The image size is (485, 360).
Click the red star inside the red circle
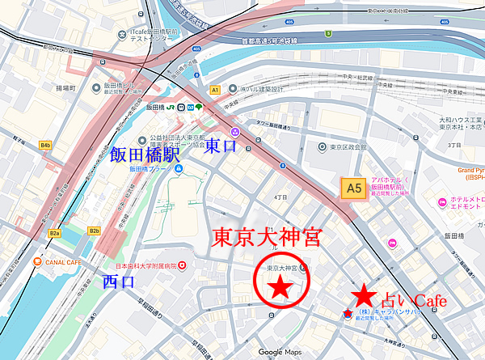click(x=280, y=286)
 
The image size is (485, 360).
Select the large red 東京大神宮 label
click(x=267, y=237)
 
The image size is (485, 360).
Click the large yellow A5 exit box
click(x=352, y=188)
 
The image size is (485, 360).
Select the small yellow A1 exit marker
click(x=214, y=90)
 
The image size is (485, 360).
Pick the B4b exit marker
click(x=45, y=145)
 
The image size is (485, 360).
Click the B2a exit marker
click(x=54, y=233)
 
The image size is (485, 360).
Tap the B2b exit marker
click(x=94, y=231)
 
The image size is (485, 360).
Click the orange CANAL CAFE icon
click(x=37, y=261)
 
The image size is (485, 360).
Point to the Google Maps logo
click(x=280, y=352)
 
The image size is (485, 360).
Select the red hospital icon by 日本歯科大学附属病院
click(x=183, y=265)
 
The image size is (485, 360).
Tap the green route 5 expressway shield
click(x=328, y=33)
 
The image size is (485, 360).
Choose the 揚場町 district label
click(x=66, y=87)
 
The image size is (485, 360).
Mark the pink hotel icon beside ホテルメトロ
click(x=441, y=202)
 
